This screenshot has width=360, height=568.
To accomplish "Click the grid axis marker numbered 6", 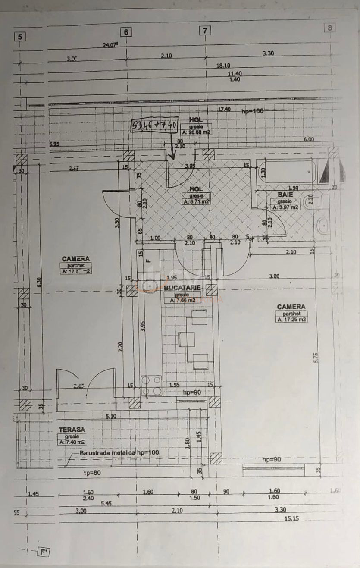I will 126,32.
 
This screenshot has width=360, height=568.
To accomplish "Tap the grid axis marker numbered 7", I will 205,31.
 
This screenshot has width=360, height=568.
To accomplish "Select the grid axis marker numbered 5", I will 20,37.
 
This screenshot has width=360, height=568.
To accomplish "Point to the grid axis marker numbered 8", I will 330,28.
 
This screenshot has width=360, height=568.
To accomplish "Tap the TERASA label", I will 72,430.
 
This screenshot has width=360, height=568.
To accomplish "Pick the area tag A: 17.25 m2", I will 292,320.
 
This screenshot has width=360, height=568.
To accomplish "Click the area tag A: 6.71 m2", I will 196,201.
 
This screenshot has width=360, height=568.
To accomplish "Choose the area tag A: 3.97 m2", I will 285,207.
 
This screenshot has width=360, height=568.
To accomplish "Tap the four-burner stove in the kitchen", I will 151,386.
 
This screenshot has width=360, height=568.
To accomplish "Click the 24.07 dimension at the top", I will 111,44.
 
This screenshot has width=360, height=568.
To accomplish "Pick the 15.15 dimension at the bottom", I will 291,518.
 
